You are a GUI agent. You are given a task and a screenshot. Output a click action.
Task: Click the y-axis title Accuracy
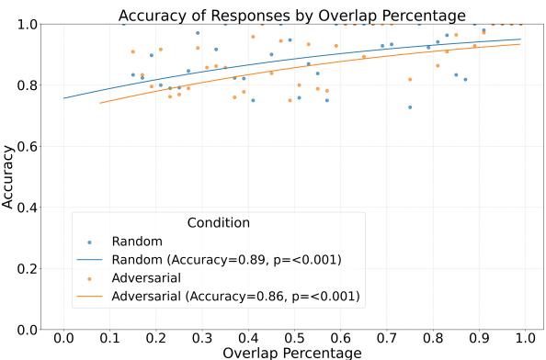(8, 176)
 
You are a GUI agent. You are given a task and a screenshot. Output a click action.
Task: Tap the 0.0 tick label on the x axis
(63, 337)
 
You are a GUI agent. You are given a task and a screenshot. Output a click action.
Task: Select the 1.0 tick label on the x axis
(524, 337)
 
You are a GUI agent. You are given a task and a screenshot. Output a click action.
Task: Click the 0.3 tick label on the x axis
(201, 337)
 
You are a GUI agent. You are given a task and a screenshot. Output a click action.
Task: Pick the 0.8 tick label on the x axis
(432, 337)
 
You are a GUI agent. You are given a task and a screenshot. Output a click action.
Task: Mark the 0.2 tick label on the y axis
(27, 268)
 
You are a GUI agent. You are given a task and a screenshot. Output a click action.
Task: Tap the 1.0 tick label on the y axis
(27, 24)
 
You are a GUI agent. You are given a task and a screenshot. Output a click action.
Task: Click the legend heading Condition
(218, 222)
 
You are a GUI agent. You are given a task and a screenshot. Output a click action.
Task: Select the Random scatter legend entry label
(137, 242)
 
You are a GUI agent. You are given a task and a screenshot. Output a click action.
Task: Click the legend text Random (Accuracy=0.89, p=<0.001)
(226, 259)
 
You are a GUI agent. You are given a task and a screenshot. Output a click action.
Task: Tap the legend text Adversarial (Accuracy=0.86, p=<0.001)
(235, 296)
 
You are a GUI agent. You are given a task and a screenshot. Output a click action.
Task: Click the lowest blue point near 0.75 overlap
(410, 107)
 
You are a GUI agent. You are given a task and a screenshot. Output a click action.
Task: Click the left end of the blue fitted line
(63, 98)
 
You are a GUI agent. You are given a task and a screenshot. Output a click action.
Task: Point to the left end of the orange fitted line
(99, 103)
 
